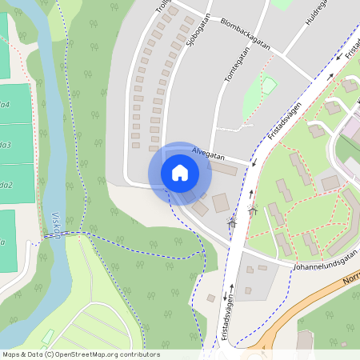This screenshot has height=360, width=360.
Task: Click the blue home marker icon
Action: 179,173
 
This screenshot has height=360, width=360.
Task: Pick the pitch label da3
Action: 6,145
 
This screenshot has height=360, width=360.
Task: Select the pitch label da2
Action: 6,185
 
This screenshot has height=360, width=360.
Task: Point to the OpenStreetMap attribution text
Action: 81,354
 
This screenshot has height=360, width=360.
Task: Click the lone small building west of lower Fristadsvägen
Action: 210,298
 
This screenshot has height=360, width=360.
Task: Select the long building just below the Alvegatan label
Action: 223,169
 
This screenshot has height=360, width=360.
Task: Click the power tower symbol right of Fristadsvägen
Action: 253,213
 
